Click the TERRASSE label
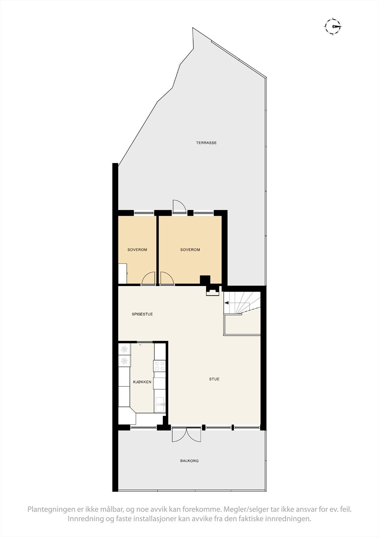coord(206,143)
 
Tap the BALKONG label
coord(189,461)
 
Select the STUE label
coord(214,379)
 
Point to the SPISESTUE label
coord(142,314)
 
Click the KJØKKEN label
coord(142,382)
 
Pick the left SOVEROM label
coord(137,250)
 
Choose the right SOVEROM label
coord(190,250)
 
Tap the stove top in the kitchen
coord(159,365)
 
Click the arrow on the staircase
coord(227,303)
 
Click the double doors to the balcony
coord(186,435)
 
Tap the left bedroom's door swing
coord(148,279)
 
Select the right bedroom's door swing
coord(167,279)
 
